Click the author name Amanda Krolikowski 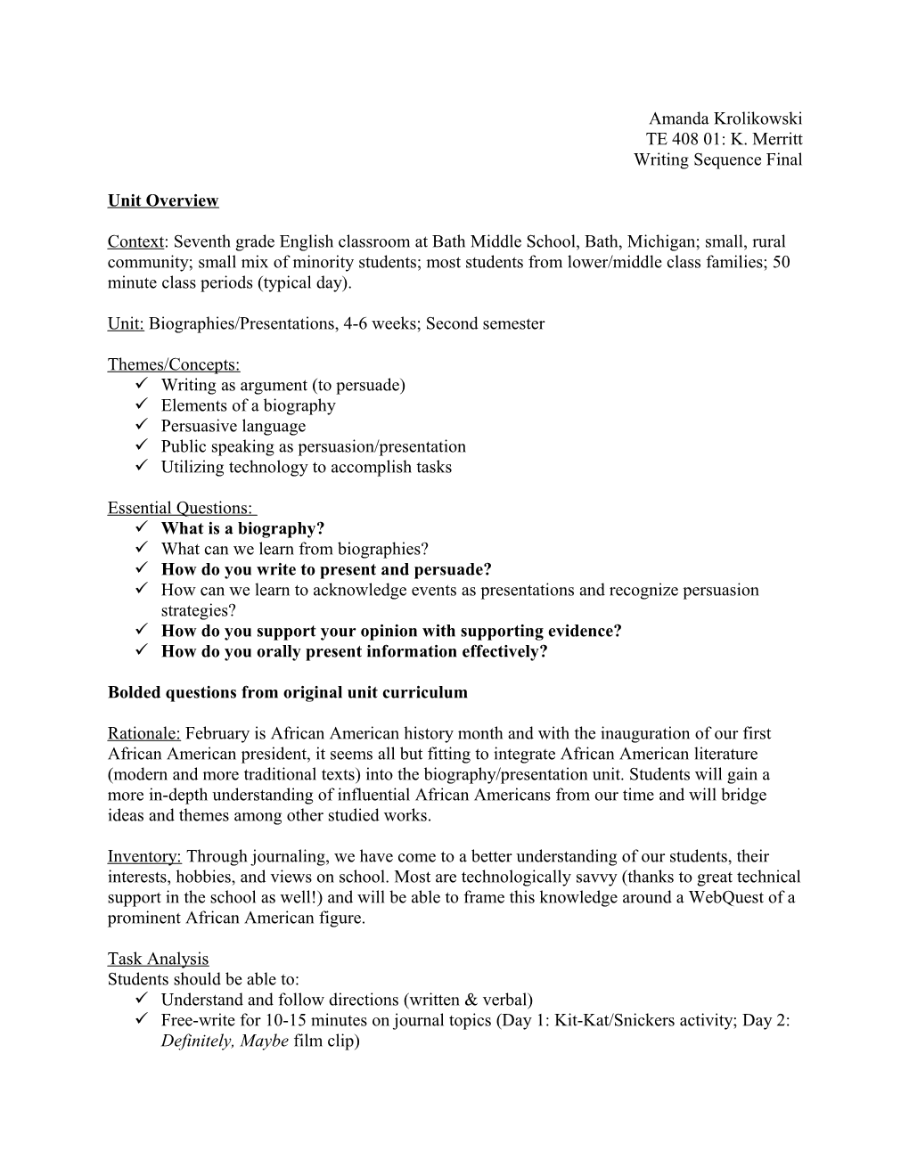[x=725, y=118]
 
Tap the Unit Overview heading [x=163, y=200]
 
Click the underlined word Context [x=135, y=241]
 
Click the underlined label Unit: [x=126, y=323]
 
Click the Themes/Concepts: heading [x=174, y=364]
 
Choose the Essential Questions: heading [x=181, y=508]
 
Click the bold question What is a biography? [x=242, y=528]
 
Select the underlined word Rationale [x=144, y=733]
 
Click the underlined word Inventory [x=144, y=856]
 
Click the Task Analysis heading [x=158, y=959]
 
